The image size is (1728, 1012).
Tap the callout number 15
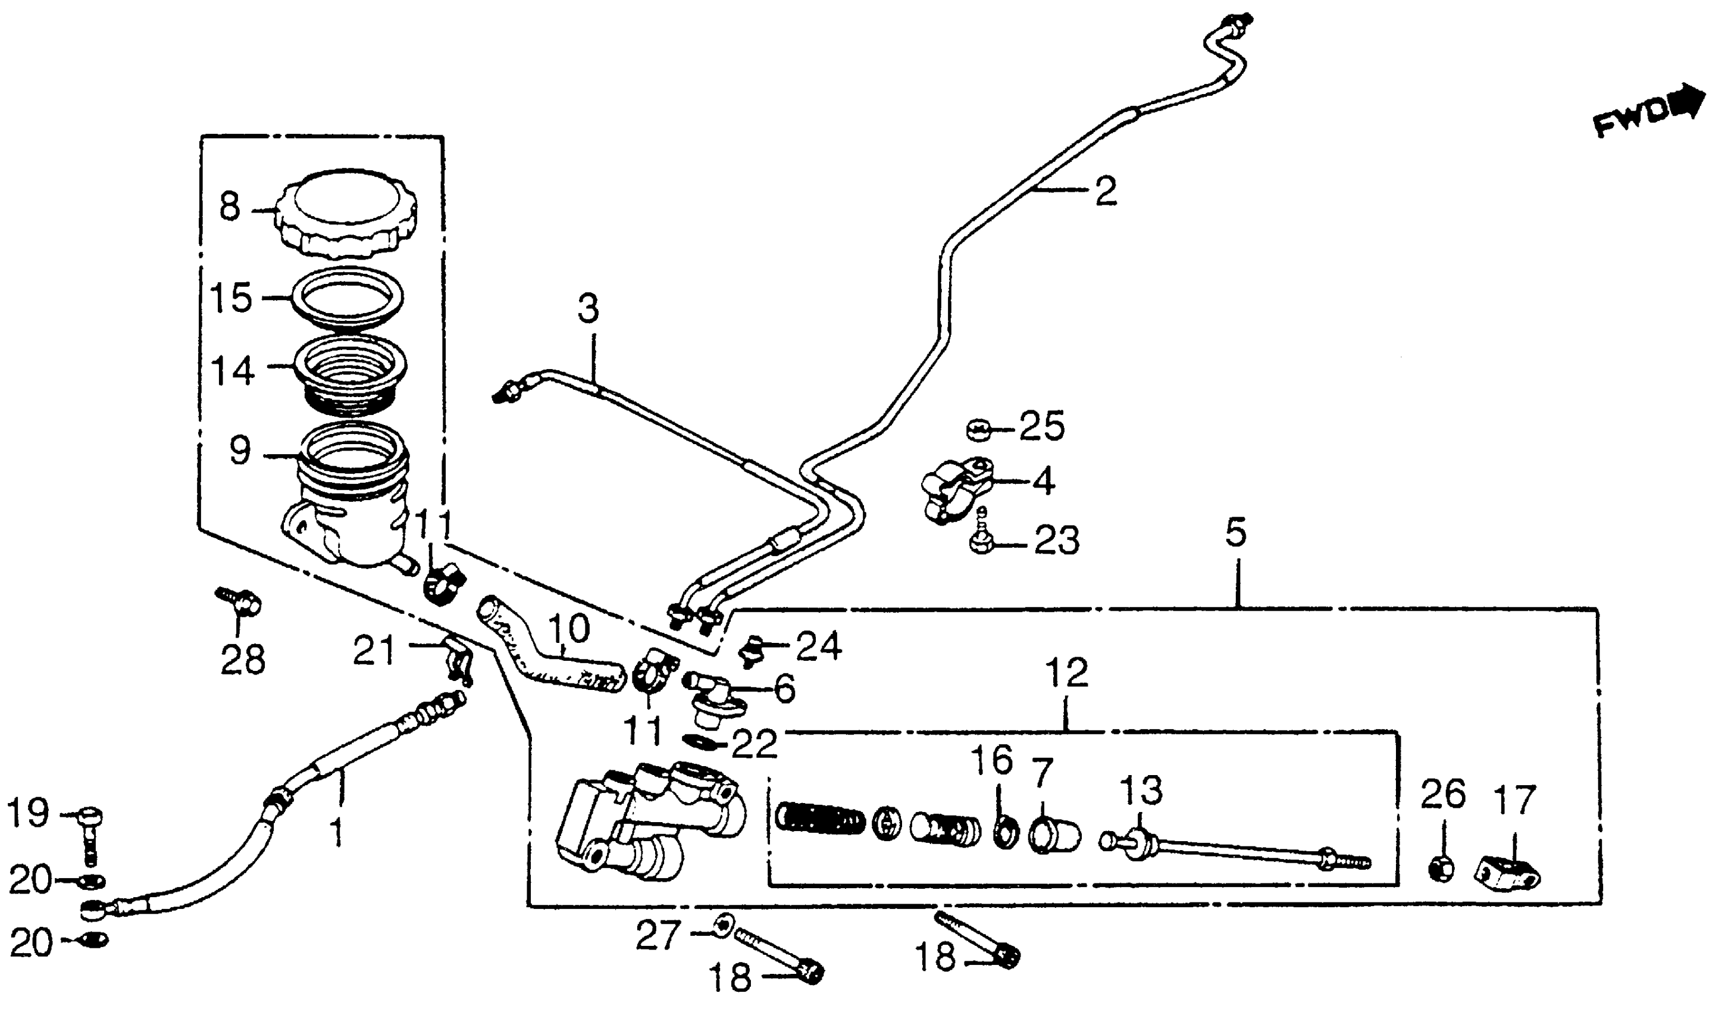[x=231, y=298]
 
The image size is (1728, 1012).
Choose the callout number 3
[x=588, y=309]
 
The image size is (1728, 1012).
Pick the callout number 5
[x=1236, y=532]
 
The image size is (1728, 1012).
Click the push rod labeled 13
[x=1228, y=849]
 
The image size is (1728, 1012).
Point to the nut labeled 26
[x=1442, y=869]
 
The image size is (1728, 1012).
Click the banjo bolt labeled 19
[x=89, y=833]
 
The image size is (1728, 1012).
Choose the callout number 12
[x=1068, y=673]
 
